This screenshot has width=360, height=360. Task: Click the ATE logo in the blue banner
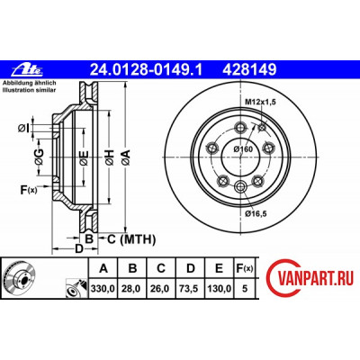(x=28, y=70)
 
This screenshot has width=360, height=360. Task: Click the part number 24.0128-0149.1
(x=147, y=70)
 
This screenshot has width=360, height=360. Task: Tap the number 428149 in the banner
(x=249, y=70)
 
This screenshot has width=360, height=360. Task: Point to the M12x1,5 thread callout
(x=260, y=102)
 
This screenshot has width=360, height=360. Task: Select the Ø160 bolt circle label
(x=243, y=148)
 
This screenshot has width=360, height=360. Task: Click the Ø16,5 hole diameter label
(x=256, y=213)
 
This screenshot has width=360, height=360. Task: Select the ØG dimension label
(x=39, y=157)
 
